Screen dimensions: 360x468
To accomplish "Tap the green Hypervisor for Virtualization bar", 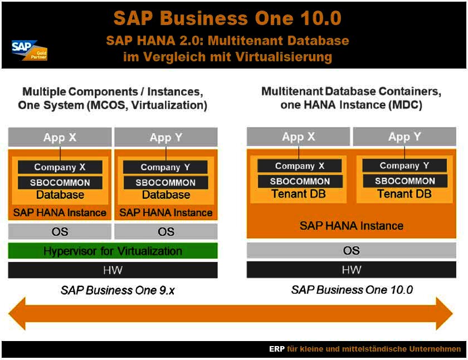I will [113, 251].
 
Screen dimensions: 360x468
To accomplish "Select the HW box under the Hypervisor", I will [113, 270].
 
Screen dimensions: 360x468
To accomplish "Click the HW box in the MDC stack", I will [351, 270].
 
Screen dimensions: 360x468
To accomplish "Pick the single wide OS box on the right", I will [351, 250].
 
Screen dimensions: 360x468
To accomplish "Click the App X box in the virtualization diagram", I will [60, 137].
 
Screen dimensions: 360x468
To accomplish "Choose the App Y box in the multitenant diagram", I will [404, 137].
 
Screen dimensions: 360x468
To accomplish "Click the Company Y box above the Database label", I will [165, 167].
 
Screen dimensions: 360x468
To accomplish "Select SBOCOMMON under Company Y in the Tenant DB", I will [404, 181].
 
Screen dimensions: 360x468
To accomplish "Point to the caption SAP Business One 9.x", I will [118, 290].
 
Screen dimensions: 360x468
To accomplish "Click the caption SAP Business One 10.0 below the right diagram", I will [352, 290].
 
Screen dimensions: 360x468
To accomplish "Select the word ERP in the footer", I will [277, 349].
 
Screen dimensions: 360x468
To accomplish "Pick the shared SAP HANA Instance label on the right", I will [351, 226].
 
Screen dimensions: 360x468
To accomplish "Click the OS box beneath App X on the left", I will [60, 231].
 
